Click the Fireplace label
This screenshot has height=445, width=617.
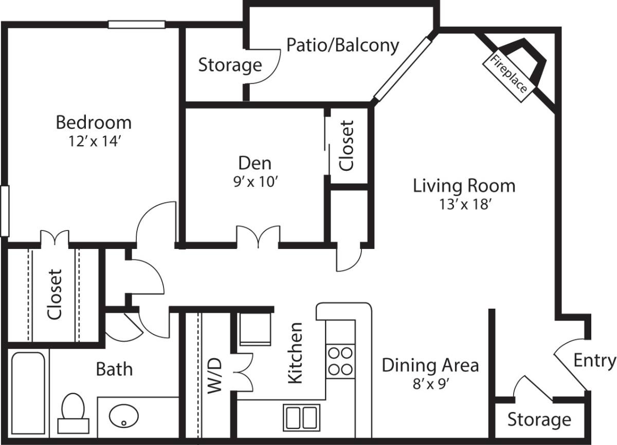pos(509,74)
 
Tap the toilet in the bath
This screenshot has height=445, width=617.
pos(73,413)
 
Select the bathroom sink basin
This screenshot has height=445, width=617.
pos(124,416)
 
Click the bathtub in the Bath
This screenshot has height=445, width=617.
pos(28,393)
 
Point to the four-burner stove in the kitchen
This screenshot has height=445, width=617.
pos(340,361)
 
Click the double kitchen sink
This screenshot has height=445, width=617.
pos(302,418)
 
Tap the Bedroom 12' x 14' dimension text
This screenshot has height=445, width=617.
pos(94,141)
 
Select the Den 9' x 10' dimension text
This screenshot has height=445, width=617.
pos(255,182)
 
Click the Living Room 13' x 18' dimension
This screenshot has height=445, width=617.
pos(465,204)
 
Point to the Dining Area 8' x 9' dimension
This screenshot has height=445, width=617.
pos(431,383)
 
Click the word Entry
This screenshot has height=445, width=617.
pos(595,361)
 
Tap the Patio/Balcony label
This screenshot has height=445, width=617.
pos(342,45)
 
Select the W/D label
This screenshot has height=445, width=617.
pos(214,376)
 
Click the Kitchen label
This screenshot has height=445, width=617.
pos(295,353)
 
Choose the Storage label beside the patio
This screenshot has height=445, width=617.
pos(230,65)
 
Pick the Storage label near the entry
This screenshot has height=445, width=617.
pos(539,420)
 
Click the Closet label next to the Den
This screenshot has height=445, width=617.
pos(346,146)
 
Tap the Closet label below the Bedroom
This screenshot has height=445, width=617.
pos(55,294)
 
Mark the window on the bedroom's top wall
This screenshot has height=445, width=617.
pos(137,25)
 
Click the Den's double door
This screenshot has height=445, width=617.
pos(258,237)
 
